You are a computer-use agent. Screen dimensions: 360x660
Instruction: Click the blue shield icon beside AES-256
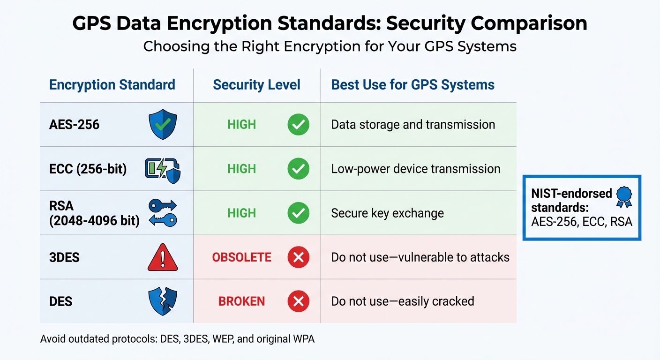[163, 125]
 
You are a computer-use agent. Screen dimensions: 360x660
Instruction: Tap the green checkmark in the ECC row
[298, 169]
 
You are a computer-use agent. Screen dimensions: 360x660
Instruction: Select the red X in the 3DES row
[298, 257]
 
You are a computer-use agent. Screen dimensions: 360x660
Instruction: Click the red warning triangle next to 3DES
[163, 257]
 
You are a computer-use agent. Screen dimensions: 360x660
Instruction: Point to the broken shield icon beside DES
[163, 301]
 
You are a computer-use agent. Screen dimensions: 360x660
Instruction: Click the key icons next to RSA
[163, 213]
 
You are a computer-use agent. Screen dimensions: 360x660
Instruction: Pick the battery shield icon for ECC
[163, 169]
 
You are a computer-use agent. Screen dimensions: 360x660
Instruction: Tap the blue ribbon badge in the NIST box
[624, 196]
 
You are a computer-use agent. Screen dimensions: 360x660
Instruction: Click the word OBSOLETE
[241, 257]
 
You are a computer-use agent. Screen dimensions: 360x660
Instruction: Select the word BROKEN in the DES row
[241, 301]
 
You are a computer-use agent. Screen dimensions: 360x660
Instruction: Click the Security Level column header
[256, 85]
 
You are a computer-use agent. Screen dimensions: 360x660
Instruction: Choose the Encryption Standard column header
[112, 85]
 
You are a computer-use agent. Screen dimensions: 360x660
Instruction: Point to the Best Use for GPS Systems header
[412, 85]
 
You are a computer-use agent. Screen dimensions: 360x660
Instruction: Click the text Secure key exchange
[387, 213]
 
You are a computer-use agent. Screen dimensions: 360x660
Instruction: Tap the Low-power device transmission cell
[415, 169]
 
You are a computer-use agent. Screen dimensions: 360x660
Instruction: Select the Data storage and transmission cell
[413, 125]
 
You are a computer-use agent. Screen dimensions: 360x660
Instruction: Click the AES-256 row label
[74, 125]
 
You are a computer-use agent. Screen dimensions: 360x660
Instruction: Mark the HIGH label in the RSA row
[241, 213]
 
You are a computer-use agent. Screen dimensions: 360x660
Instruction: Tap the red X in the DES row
[298, 301]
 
